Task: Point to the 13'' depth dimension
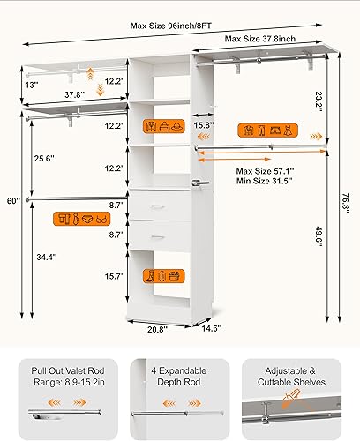pyautogui.click(x=31, y=85)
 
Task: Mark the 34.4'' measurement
pyautogui.click(x=46, y=257)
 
